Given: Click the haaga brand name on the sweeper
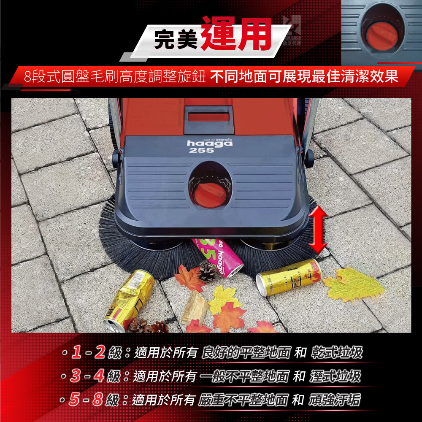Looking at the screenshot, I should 209,143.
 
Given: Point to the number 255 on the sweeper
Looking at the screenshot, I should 201,151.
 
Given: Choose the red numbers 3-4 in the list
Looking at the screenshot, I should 87,376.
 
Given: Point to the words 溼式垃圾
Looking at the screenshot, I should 336,376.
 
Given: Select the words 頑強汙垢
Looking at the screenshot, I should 336,399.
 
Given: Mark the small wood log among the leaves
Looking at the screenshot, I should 195,307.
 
